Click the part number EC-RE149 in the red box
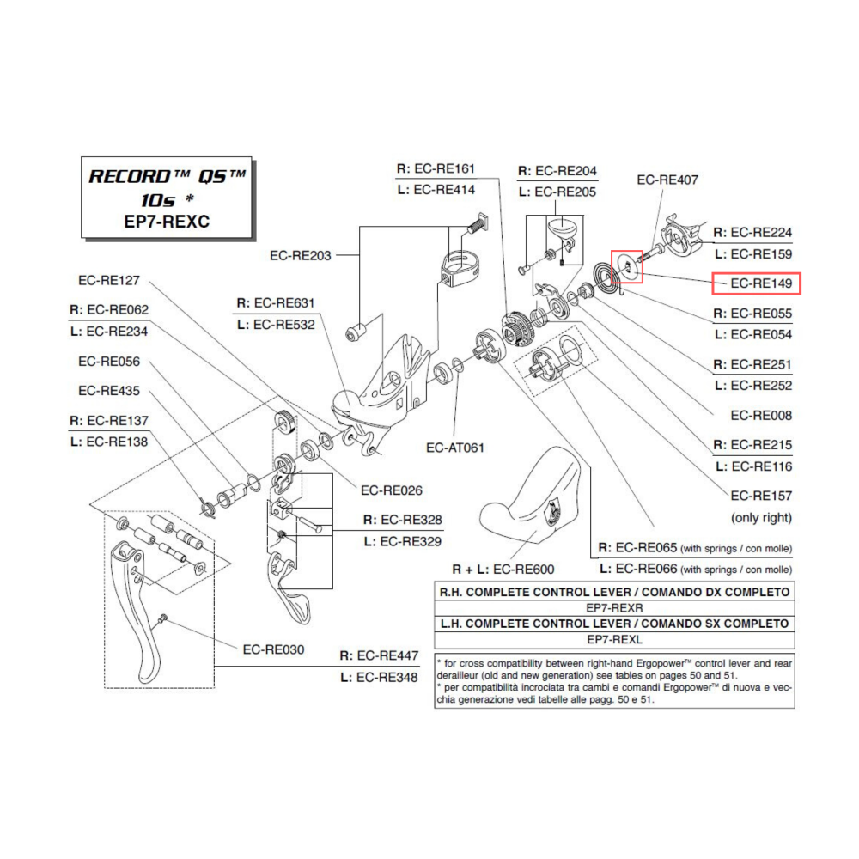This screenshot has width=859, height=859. [x=756, y=283]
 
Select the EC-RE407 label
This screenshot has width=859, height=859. [x=667, y=180]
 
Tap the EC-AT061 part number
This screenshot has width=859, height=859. [x=455, y=448]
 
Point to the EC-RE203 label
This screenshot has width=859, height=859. [x=300, y=255]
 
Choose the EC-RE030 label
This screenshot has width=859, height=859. [x=272, y=649]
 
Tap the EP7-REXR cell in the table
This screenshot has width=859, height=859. [x=614, y=607]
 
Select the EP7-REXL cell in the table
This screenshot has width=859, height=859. [x=614, y=640]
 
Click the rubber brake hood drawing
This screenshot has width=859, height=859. [x=533, y=498]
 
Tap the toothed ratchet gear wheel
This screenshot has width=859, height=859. [x=520, y=330]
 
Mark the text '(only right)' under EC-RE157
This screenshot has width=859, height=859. [x=761, y=518]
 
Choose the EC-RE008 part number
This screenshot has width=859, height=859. [x=761, y=416]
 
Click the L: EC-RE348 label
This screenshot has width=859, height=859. [x=379, y=678]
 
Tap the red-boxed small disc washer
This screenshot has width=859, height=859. [x=625, y=267]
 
